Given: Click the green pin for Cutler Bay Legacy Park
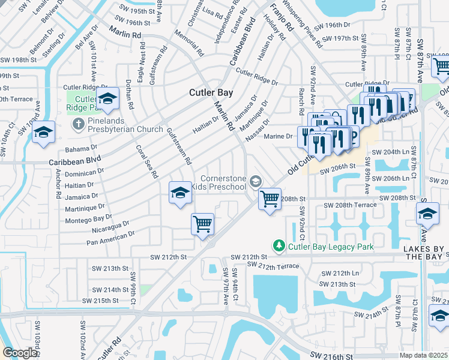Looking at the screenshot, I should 279,246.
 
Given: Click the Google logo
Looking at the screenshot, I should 20,353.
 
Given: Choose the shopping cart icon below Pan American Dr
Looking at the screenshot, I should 203,224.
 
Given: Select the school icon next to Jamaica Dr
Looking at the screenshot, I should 180,192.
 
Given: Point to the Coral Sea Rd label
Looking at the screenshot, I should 146,161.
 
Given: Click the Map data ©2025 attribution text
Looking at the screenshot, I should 424,355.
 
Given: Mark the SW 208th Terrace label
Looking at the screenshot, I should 350,205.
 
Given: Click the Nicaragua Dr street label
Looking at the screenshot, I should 111,226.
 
